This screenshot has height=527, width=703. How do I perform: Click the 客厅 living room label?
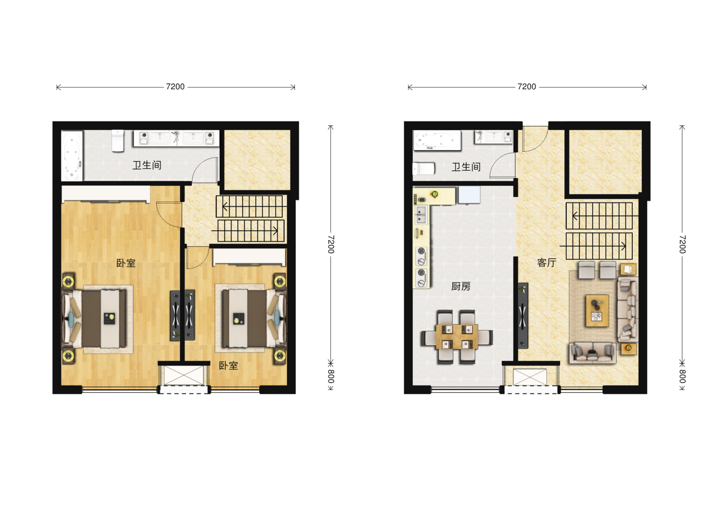pos(546,263)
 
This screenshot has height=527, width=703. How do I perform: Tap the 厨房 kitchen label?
pos(460,286)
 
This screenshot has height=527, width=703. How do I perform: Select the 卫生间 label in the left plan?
pos(146,165)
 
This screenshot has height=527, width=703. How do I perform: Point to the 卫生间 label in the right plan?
pos(466,167)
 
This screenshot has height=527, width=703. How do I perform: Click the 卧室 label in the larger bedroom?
pos(125,263)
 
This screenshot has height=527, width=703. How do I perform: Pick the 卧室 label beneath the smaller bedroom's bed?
pos(228,365)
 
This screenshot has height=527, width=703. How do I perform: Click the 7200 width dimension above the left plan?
pos(175,87)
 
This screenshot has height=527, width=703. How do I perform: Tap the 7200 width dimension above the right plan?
pos(527,87)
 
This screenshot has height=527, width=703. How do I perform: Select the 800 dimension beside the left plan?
pos(331,376)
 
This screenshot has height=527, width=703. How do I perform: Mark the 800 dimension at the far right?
pos(682,376)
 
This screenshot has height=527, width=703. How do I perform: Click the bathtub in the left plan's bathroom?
pos(72,156)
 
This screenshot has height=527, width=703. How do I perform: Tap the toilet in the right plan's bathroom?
pos(423,169)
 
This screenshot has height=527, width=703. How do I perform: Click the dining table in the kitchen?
pos(457,337)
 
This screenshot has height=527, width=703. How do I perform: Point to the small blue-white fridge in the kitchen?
pos(469,195)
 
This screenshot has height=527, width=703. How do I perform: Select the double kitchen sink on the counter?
pos(421,215)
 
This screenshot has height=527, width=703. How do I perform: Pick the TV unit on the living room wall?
pos(523,316)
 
